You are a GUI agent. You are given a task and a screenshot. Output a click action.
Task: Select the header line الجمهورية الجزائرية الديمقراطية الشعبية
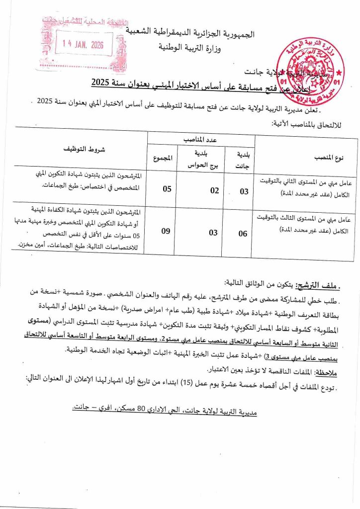pyautogui.click(x=197, y=34)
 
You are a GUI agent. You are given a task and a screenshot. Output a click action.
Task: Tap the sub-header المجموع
pyautogui.click(x=164, y=159)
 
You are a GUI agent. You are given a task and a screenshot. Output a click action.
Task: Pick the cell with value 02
pyautogui.click(x=199, y=189)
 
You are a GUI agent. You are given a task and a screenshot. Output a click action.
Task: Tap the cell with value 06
pyautogui.click(x=242, y=234)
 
